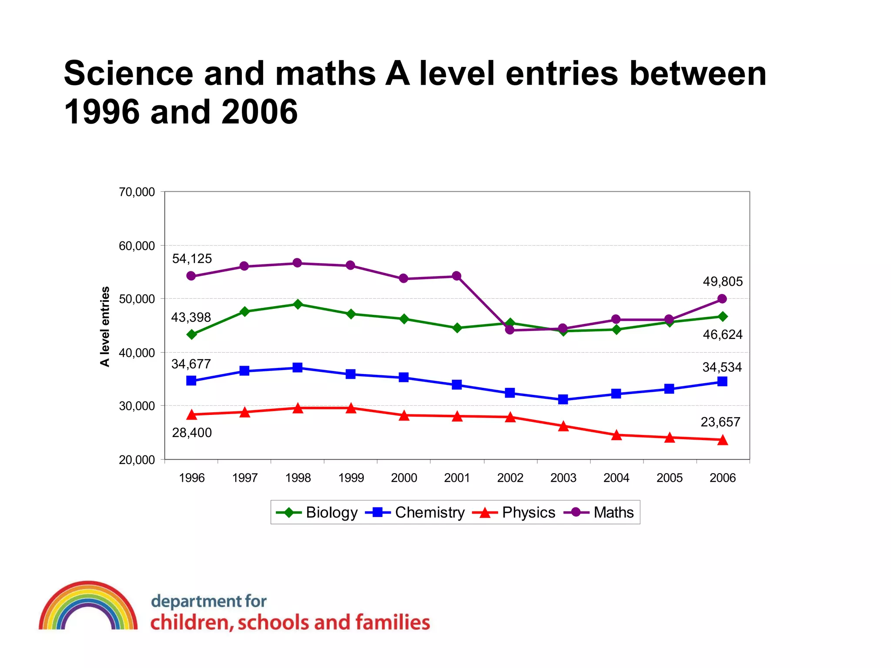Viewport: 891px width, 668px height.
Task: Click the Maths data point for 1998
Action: (x=297, y=263)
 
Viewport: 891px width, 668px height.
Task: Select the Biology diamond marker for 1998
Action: (x=298, y=304)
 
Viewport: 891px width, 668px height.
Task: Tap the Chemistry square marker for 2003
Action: (x=563, y=399)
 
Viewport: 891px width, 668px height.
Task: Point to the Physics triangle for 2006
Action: (x=722, y=440)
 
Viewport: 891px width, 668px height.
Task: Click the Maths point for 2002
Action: (x=510, y=330)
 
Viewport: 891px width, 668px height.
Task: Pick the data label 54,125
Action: (x=192, y=259)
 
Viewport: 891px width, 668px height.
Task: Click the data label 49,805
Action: (x=723, y=282)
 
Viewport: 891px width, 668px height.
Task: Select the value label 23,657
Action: (x=720, y=422)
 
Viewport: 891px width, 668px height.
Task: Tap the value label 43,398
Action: (x=191, y=317)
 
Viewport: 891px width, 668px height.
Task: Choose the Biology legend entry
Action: (x=317, y=512)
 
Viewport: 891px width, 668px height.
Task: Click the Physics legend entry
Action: (x=514, y=512)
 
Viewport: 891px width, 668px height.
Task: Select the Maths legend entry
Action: (x=599, y=512)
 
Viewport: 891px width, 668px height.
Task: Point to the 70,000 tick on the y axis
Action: (x=137, y=192)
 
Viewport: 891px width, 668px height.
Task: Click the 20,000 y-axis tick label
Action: (x=137, y=460)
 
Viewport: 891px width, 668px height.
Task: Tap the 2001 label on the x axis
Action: (x=457, y=478)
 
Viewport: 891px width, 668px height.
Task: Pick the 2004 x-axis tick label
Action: (x=616, y=478)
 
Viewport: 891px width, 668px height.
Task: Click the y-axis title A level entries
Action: (x=105, y=326)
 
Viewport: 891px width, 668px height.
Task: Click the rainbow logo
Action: (x=88, y=605)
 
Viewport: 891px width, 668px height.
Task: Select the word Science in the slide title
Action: (x=128, y=73)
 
